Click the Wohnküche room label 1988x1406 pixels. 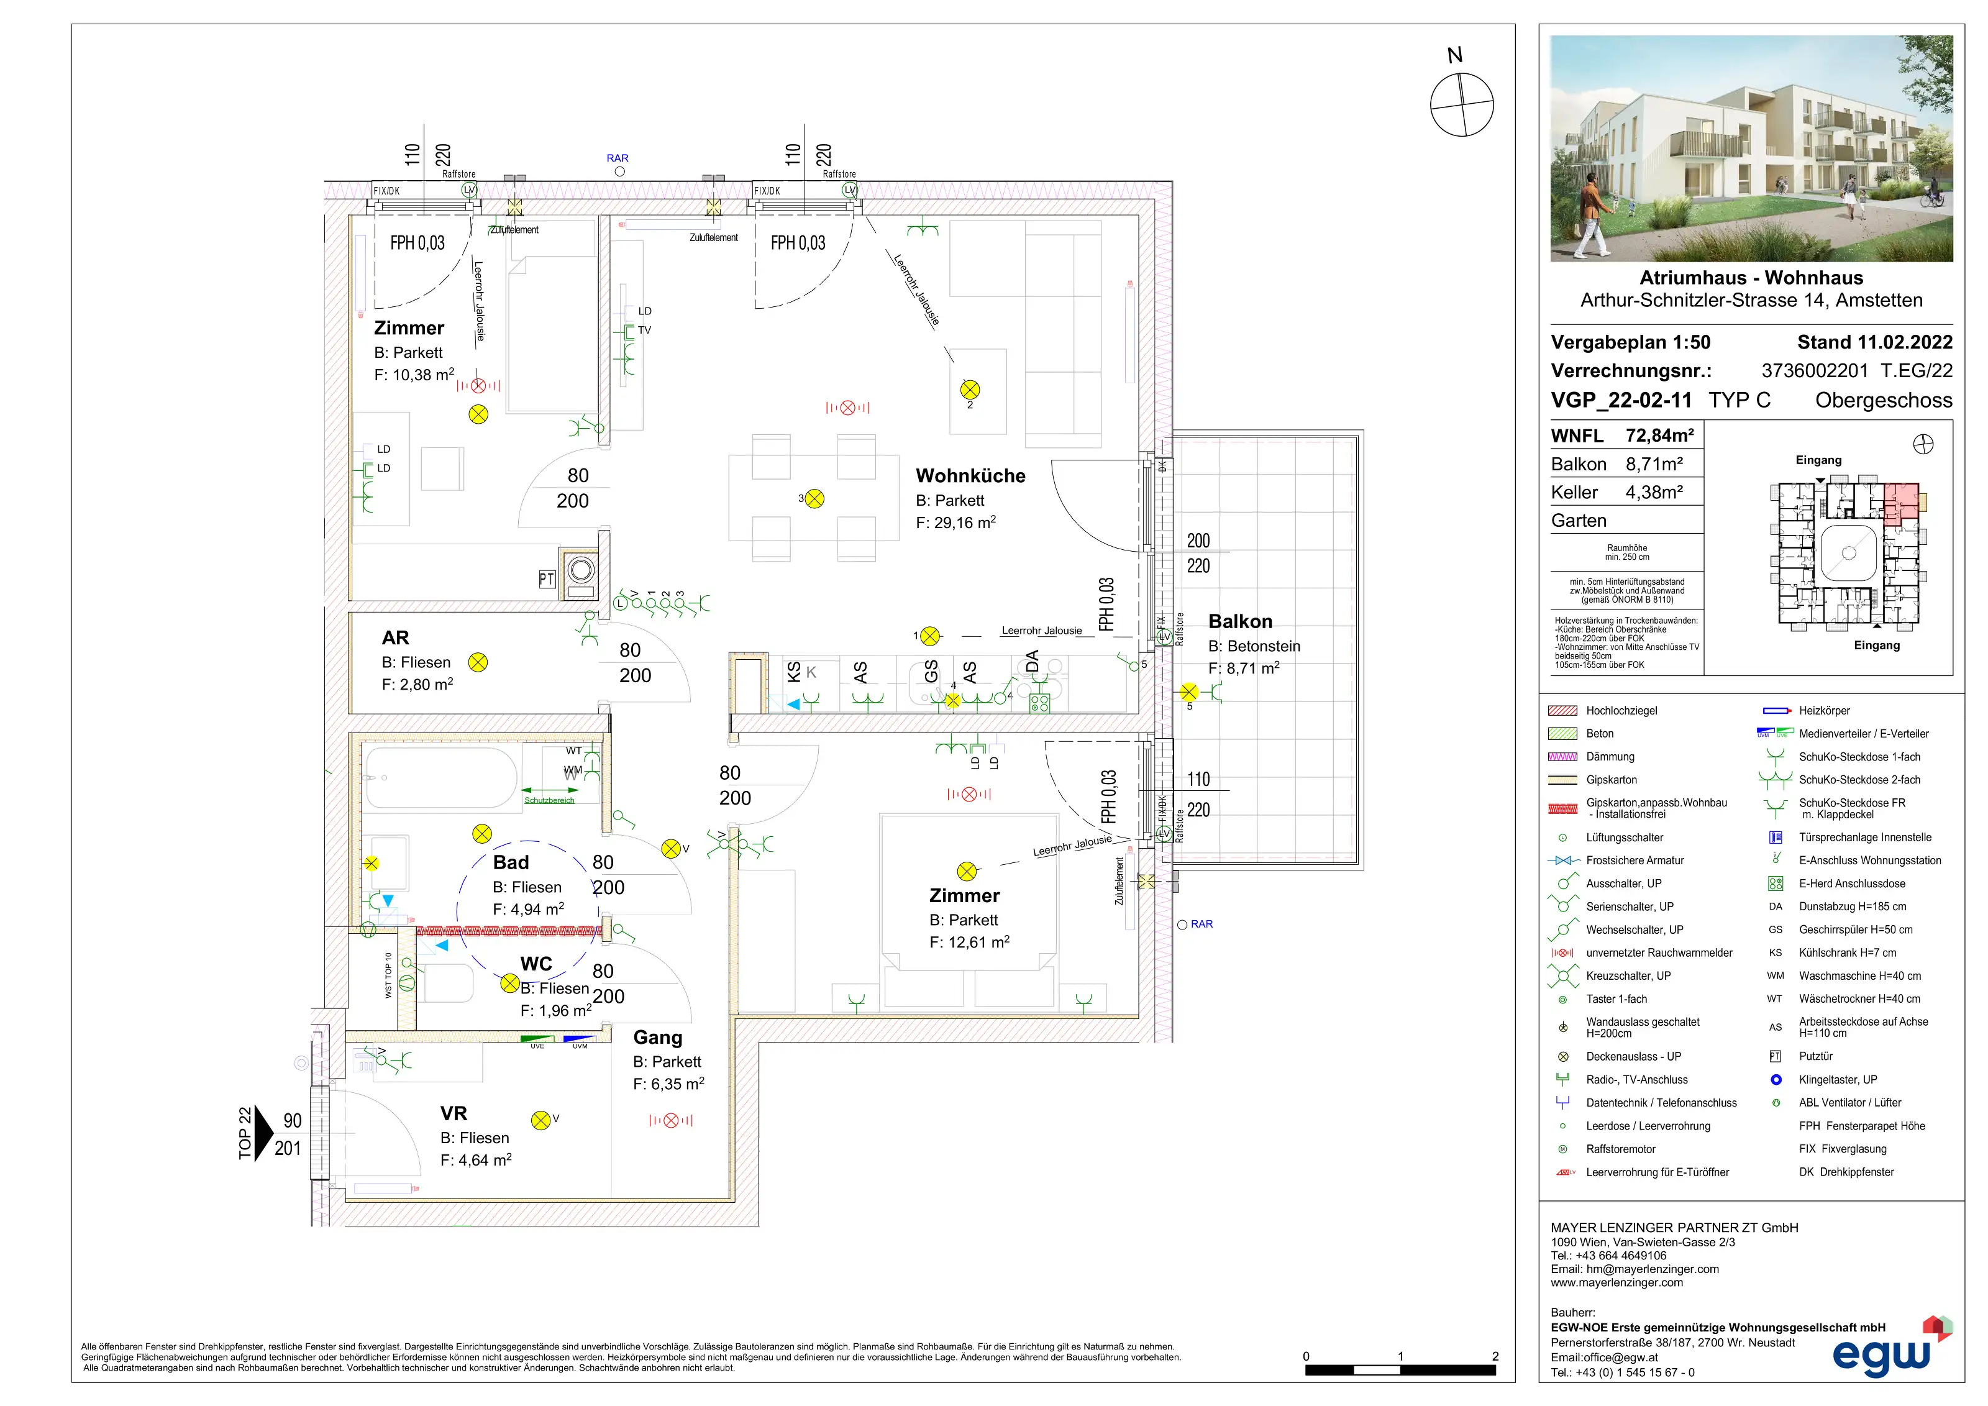970,476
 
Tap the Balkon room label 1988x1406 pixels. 1240,622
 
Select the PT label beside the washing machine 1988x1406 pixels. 546,579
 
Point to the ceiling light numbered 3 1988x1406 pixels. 814,499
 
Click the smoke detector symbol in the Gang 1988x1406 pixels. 671,1120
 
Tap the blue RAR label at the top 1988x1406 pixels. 618,158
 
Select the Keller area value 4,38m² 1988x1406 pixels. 1654,493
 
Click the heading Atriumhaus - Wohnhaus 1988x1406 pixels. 1751,278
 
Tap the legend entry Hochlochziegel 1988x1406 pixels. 1621,711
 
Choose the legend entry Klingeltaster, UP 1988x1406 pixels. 1837,1080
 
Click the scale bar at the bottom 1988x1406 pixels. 1400,1369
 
